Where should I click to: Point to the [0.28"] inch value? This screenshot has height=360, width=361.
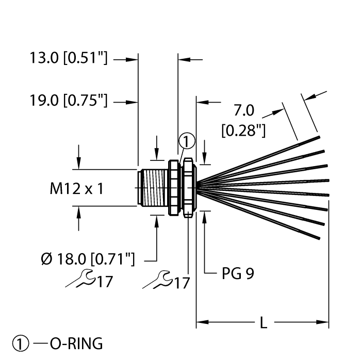point(243,131)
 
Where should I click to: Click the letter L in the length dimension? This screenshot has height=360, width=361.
point(262,324)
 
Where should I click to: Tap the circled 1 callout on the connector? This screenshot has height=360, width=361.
point(187,141)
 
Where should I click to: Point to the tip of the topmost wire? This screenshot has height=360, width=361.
point(320,137)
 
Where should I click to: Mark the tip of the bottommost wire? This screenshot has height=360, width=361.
point(320,238)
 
